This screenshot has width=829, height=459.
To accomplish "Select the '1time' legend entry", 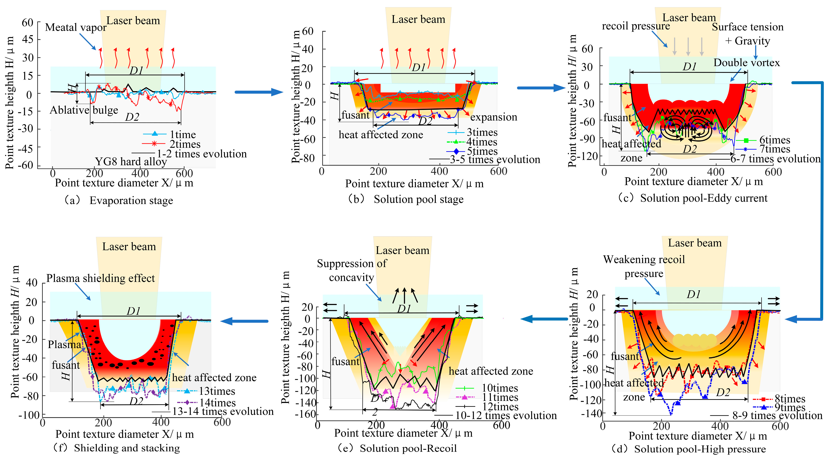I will point(182,134).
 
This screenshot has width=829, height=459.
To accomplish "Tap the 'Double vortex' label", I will point(747,63).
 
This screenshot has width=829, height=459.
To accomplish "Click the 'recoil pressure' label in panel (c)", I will point(636,26).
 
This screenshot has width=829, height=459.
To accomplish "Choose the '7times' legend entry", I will point(775,149).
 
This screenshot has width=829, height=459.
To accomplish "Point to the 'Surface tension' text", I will point(747,27).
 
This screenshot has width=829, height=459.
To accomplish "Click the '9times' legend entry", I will point(790,408).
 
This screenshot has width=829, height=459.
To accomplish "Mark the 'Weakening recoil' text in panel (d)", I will point(644,259).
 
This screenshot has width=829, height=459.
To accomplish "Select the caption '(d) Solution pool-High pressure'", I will point(689,449).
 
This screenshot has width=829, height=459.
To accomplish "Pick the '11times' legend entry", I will point(500,397).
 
